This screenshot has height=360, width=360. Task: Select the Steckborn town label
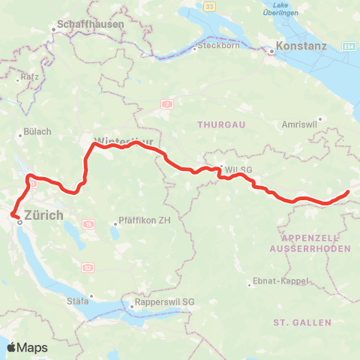point(216,48)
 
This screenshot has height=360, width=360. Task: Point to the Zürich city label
point(44,215)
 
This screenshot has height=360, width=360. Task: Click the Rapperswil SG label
point(164,303)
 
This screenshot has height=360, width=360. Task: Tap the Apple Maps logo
point(27,347)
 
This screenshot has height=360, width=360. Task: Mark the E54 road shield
point(348,46)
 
